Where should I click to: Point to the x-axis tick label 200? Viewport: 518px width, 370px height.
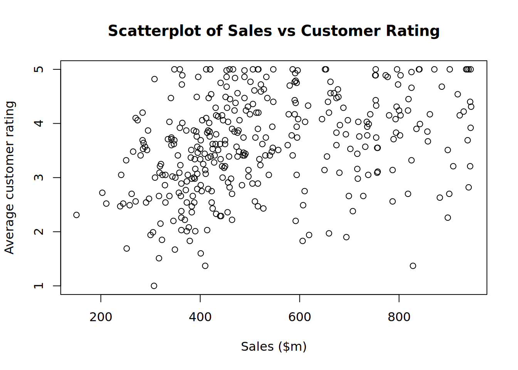pos(101,317)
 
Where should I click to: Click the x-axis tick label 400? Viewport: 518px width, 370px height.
pos(200,317)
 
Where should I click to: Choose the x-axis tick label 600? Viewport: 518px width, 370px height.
pos(299,317)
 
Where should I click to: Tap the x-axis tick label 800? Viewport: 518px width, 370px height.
pos(399,317)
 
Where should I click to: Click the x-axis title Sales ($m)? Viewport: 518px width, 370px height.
pos(274,346)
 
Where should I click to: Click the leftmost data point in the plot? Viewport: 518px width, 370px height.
pos(76,215)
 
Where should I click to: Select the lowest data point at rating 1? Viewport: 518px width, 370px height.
pos(154,286)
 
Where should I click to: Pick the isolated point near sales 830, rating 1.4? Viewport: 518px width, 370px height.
pos(413,266)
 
